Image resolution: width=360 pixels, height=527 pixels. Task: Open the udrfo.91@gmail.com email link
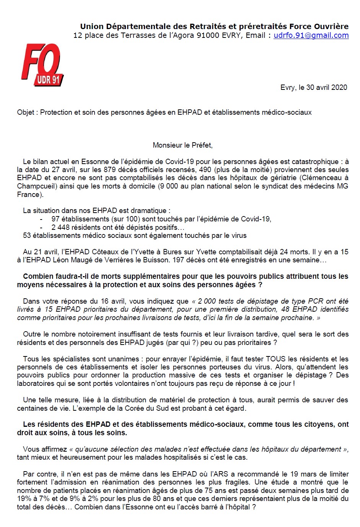point(311,36)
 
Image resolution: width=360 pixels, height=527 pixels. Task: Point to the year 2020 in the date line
point(339,87)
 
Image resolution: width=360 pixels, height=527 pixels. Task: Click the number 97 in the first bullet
point(55,219)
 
